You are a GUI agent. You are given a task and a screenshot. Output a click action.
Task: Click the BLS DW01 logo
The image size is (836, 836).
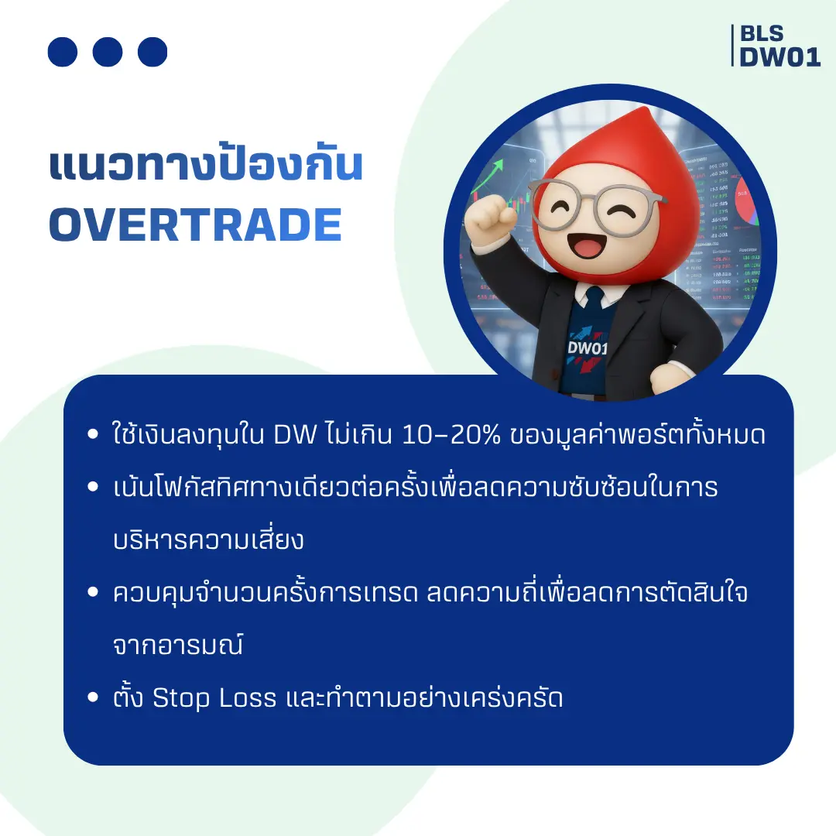(778, 46)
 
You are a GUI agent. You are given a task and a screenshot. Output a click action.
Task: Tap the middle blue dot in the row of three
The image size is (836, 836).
(108, 52)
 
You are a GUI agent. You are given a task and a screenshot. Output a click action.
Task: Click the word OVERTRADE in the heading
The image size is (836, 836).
(195, 224)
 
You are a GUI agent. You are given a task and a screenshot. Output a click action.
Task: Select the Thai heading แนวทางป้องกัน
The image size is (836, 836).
(206, 166)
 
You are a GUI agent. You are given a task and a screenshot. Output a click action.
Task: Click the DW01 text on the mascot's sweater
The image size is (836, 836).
(588, 348)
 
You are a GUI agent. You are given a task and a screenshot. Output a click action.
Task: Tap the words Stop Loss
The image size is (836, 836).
(214, 698)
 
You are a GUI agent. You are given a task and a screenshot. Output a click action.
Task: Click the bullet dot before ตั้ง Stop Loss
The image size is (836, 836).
(94, 699)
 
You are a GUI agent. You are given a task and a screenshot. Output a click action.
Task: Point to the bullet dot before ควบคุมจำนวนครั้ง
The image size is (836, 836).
(94, 594)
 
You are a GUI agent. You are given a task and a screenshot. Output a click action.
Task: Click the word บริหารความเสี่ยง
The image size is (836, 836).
(207, 540)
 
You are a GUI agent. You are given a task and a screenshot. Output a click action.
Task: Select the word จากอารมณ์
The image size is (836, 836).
(177, 646)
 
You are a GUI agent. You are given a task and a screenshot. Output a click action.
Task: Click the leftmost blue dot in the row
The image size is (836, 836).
(63, 52)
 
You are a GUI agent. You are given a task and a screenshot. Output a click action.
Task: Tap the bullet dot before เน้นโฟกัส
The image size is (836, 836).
(94, 488)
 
